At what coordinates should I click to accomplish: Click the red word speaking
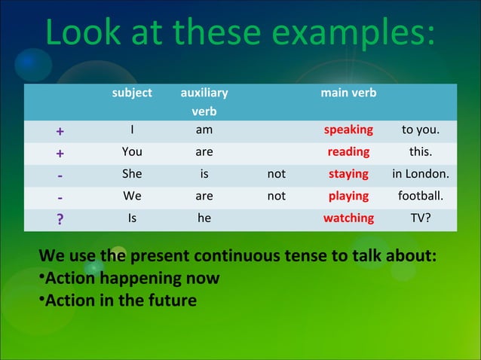pyautogui.click(x=348, y=130)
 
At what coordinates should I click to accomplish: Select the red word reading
pyautogui.click(x=348, y=151)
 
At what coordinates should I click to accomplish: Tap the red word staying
pyautogui.click(x=348, y=174)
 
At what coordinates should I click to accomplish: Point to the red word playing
pyautogui.click(x=348, y=196)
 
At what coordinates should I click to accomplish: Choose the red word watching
pyautogui.click(x=348, y=218)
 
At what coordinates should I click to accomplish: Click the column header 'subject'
pyautogui.click(x=132, y=93)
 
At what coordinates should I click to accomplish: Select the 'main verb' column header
pyautogui.click(x=348, y=93)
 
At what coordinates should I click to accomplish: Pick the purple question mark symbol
pyautogui.click(x=60, y=220)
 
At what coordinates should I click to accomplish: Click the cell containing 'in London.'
pyautogui.click(x=421, y=174)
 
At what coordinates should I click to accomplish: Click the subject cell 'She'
pyautogui.click(x=132, y=174)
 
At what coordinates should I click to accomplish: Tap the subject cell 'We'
pyautogui.click(x=132, y=196)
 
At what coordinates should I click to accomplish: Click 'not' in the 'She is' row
pyautogui.click(x=277, y=174)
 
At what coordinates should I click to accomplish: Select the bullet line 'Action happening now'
pyautogui.click(x=133, y=279)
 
